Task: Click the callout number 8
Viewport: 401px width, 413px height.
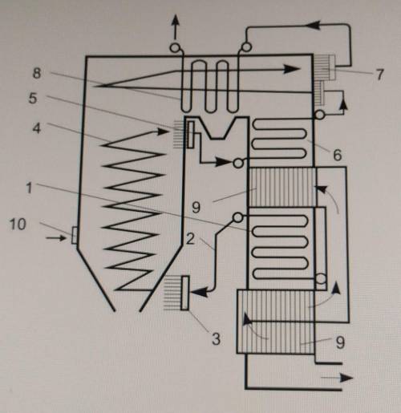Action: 37,73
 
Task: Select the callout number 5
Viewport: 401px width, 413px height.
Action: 33,99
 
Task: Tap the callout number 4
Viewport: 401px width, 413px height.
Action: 37,128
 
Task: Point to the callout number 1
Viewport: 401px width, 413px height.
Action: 29,188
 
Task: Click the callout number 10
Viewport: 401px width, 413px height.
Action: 18,224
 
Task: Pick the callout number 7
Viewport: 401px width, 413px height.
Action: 379,75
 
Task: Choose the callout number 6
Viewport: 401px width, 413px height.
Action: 338,155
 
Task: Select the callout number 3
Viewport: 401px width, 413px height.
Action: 216,339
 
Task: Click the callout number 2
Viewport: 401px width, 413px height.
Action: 190,239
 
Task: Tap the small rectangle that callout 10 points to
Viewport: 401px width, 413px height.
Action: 75,235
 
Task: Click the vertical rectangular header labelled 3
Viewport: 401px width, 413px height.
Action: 184,294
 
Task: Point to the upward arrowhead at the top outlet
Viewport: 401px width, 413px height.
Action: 176,20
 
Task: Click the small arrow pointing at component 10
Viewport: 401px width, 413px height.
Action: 55,237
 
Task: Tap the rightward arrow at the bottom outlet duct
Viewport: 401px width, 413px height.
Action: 337,378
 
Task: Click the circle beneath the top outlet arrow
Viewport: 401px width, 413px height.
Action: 175,48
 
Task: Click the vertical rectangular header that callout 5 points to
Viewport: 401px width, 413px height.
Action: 191,134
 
